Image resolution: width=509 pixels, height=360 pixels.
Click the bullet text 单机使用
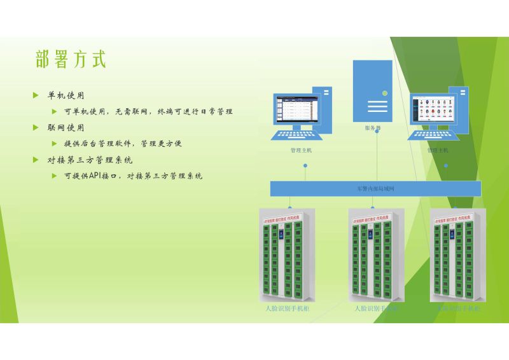[66, 95]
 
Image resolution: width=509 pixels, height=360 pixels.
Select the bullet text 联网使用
[66, 127]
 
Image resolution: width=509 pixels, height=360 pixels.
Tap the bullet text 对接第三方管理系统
[90, 160]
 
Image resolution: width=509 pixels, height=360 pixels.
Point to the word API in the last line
[95, 176]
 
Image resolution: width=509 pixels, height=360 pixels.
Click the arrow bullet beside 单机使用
[36, 95]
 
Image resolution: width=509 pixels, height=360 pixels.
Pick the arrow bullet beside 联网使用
[36, 127]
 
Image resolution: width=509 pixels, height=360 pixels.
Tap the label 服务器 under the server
[373, 128]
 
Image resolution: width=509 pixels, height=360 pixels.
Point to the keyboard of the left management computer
[294, 135]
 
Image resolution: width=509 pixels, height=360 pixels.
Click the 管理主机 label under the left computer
[301, 151]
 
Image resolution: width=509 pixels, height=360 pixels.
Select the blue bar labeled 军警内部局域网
[375, 189]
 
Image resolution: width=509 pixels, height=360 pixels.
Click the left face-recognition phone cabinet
[286, 254]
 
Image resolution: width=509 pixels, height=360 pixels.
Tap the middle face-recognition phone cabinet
[376, 254]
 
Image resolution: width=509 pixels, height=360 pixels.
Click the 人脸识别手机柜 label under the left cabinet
[287, 308]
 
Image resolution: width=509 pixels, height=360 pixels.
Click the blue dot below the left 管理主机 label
[305, 166]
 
